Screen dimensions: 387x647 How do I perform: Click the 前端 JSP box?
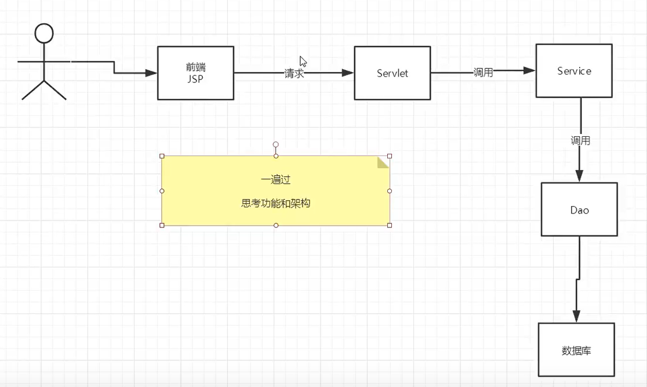[195, 73]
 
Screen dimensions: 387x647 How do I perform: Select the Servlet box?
[392, 73]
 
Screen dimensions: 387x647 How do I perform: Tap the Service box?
[574, 71]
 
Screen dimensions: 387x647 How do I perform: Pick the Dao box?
[579, 209]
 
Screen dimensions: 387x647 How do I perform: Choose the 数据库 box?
[576, 350]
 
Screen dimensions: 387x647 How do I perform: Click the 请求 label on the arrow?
[294, 74]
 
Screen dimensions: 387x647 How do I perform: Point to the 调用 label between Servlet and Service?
[483, 73]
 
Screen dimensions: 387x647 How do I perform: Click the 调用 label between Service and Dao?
[580, 140]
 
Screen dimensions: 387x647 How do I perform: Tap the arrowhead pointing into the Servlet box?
[347, 73]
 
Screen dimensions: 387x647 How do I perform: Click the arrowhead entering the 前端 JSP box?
[151, 73]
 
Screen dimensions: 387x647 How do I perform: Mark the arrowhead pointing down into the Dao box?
[580, 176]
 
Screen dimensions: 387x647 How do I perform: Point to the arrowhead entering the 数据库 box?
[576, 317]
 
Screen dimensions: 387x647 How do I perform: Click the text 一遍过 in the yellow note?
[275, 180]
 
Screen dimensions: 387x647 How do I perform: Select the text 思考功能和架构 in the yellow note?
[275, 204]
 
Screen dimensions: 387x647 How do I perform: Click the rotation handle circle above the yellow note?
[276, 144]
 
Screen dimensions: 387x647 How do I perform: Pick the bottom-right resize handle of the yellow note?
[390, 225]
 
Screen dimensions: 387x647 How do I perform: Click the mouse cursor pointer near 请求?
[303, 61]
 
